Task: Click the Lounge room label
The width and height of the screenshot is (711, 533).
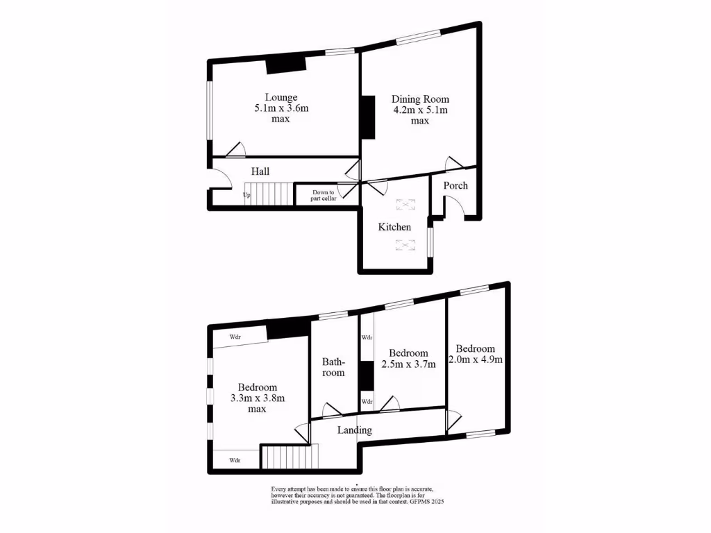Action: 281,97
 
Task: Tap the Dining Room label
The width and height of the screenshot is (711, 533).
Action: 420,99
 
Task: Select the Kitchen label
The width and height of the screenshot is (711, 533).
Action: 394,227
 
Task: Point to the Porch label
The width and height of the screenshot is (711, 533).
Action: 455,185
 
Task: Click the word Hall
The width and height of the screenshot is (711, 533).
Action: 260,171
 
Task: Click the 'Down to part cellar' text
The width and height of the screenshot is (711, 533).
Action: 323,195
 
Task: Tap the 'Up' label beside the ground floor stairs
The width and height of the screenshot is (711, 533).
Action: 246,195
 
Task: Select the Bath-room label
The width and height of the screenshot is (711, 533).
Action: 333,367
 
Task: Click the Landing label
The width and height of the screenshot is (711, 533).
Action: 354,430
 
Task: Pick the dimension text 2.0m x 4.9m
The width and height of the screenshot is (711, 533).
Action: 476,359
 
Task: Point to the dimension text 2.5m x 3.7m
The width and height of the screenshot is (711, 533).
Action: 408,364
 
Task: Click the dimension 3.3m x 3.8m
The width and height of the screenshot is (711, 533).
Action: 258,398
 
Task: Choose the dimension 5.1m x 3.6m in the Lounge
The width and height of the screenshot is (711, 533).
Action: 281,108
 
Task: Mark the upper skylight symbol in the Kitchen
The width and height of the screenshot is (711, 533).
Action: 404,204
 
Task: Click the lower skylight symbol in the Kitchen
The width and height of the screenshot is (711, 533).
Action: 404,244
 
